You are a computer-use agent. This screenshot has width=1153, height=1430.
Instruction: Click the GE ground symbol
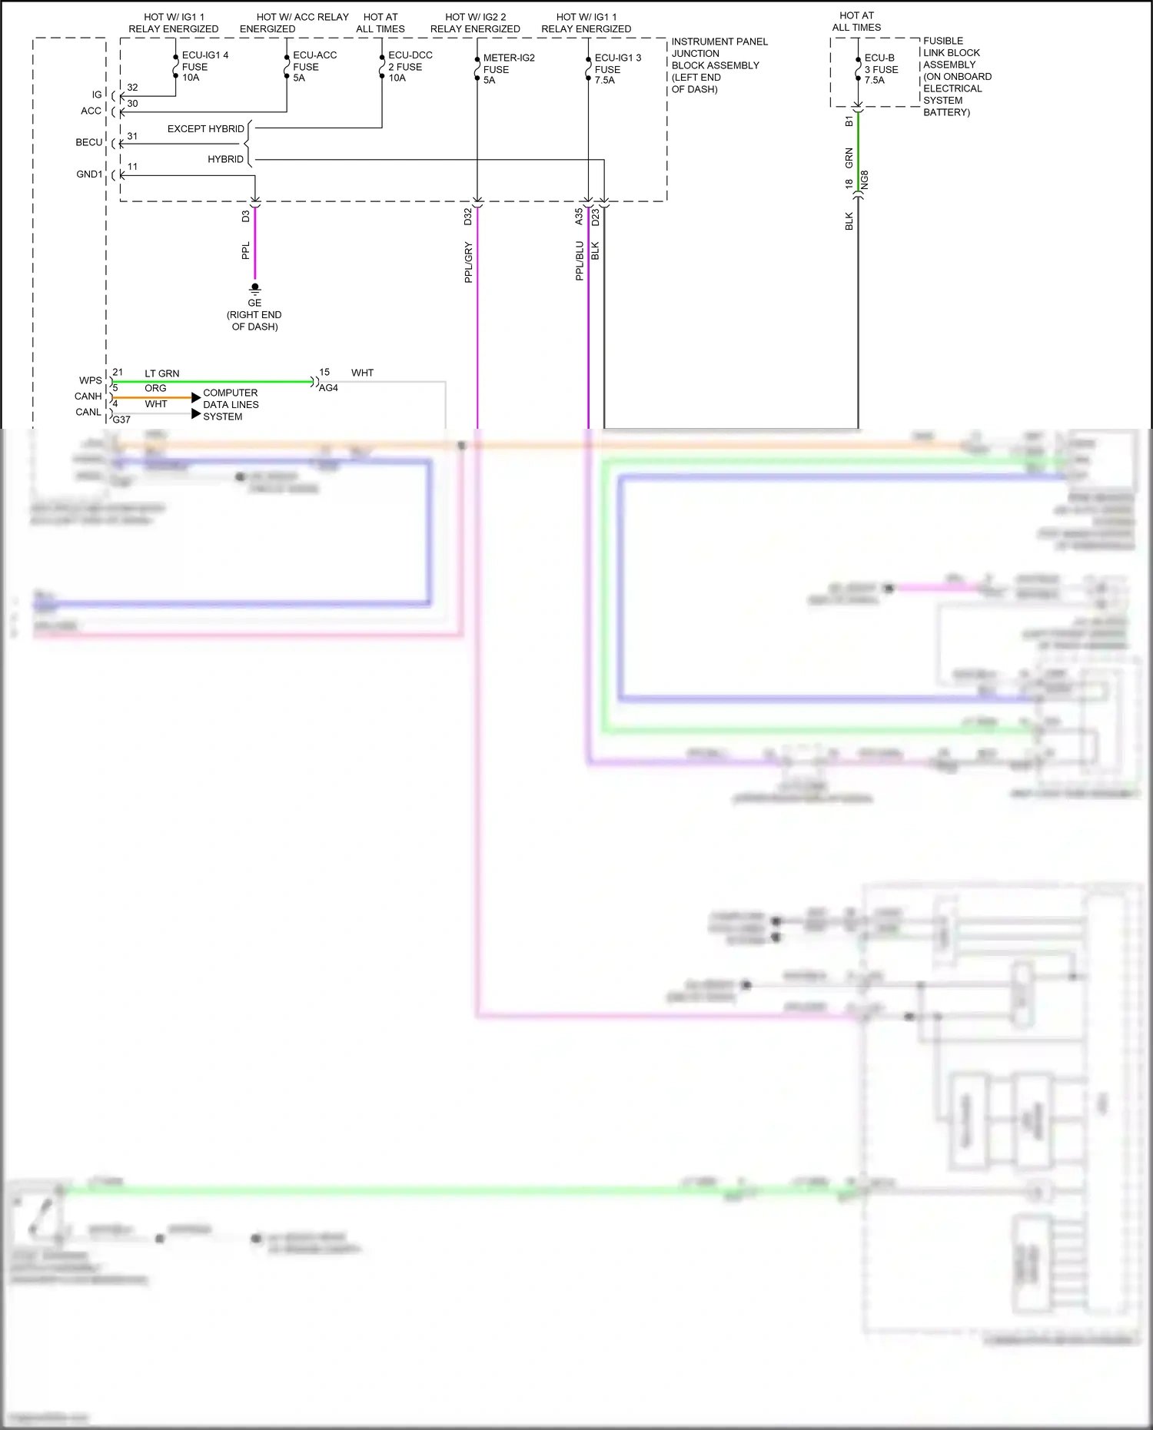coord(254,289)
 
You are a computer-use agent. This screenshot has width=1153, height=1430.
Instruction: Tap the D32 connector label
coord(467,217)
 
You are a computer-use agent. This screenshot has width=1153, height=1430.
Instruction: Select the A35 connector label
coord(579,217)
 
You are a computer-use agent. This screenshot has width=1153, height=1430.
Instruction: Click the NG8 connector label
coord(865,180)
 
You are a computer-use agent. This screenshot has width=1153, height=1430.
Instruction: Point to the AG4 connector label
coord(328,388)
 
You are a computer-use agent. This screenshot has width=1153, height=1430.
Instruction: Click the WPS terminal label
coord(90,380)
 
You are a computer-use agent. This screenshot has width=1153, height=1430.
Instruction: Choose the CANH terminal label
coord(88,396)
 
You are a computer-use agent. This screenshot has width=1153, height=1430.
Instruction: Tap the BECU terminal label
coord(88,143)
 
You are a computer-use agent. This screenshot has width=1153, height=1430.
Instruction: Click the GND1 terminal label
coord(89,174)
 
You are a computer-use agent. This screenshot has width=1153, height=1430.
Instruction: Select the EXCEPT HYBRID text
coord(205,129)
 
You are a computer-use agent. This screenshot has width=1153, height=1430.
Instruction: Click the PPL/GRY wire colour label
coord(468,262)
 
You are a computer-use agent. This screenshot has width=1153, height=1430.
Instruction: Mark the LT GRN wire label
coord(161,373)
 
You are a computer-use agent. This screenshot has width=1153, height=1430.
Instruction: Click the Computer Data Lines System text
coord(231,405)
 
